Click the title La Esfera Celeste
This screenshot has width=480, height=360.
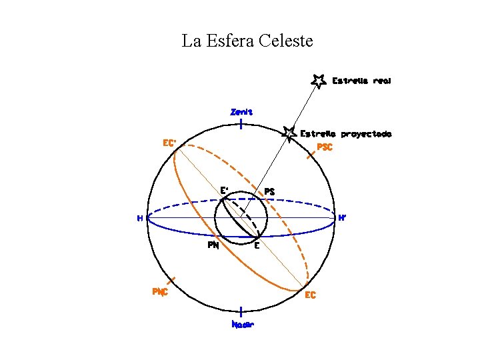247,41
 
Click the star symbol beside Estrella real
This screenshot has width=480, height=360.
319,80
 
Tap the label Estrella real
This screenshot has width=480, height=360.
361,81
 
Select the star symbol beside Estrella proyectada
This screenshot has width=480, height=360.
289,133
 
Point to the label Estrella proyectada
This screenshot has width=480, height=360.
345,133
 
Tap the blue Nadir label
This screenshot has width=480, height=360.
242,325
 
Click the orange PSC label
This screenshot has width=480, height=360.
325,147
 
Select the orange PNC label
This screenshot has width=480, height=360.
160,291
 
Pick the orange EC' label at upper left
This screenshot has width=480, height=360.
170,143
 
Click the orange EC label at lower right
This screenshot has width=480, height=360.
310,295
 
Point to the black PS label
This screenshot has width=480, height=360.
269,191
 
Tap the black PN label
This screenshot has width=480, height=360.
213,245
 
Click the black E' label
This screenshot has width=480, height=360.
225,190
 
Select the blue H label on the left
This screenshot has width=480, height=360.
140,217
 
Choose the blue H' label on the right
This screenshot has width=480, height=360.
342,217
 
